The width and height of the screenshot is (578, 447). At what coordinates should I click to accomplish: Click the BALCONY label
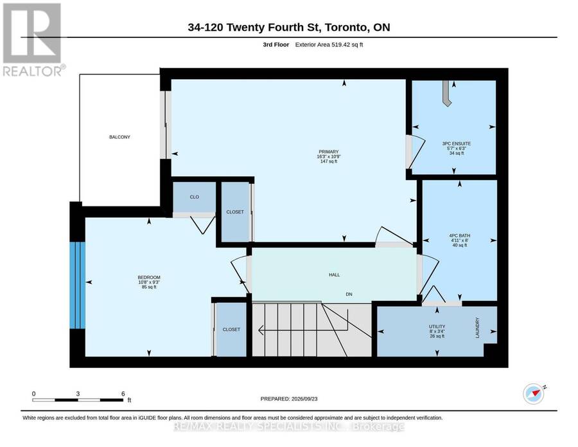pyautogui.click(x=119, y=137)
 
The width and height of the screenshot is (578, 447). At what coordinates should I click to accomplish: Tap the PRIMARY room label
pyautogui.click(x=328, y=152)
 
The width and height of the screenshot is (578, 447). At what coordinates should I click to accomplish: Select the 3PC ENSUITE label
pyautogui.click(x=457, y=143)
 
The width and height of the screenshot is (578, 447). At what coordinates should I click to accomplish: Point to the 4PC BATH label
pyautogui.click(x=459, y=235)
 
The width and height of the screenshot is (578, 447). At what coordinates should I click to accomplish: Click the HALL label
pyautogui.click(x=335, y=275)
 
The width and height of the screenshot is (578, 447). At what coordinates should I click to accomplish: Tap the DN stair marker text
pyautogui.click(x=349, y=294)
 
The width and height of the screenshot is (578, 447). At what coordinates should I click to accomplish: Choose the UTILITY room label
pyautogui.click(x=437, y=327)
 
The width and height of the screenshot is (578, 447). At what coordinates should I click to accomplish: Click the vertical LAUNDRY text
pyautogui.click(x=477, y=328)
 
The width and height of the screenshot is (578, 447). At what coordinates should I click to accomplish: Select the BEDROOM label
pyautogui.click(x=149, y=278)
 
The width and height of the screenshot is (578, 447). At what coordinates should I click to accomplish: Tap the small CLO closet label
pyautogui.click(x=194, y=197)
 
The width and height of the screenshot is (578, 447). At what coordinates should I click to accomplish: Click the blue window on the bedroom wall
pyautogui.click(x=78, y=285)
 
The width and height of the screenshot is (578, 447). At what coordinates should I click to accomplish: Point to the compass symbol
pyautogui.click(x=534, y=394)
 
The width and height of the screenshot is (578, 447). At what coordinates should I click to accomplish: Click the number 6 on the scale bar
pyautogui.click(x=123, y=394)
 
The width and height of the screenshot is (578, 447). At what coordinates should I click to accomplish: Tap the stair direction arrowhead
pyautogui.click(x=261, y=331)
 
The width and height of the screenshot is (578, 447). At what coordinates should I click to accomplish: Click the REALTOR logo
pyautogui.click(x=34, y=39)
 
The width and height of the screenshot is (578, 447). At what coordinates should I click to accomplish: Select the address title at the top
pyautogui.click(x=289, y=27)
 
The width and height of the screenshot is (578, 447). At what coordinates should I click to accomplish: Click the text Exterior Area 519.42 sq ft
pyautogui.click(x=329, y=44)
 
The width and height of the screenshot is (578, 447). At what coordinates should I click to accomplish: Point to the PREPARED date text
pyautogui.click(x=289, y=399)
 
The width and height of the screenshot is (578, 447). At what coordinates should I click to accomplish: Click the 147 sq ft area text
pyautogui.click(x=328, y=161)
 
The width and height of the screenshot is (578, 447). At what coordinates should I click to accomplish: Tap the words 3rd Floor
pyautogui.click(x=276, y=44)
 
